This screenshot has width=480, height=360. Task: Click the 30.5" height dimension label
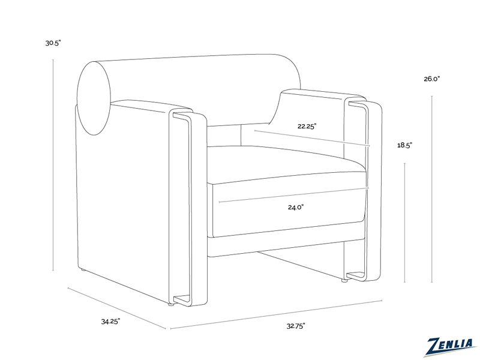pos(53,43)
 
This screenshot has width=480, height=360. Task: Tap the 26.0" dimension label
pos(431,79)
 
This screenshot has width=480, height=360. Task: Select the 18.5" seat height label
pos(404,145)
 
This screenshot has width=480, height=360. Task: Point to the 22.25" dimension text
pos(307,126)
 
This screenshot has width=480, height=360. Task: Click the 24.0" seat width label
pos(296,207)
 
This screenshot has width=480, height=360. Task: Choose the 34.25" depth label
pos(110,322)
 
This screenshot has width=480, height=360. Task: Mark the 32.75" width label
pos(296,326)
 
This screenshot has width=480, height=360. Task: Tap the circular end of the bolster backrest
pos(94,98)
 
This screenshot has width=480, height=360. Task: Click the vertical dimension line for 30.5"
pos(53,165)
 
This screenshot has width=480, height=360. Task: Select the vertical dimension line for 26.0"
pos(431,189)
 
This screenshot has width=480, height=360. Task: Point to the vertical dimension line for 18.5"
pos(404,223)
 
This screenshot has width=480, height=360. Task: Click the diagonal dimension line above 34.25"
pos(116,308)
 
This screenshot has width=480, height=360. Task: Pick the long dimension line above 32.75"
pos(276,314)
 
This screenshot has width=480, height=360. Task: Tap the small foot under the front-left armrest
pos(171,305)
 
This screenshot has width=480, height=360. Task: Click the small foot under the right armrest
pos(344,280)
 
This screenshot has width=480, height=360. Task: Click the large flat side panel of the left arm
pos(122,202)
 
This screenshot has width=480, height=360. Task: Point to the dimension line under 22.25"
pos(312,138)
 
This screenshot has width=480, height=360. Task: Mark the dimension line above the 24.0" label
pos(294,194)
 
